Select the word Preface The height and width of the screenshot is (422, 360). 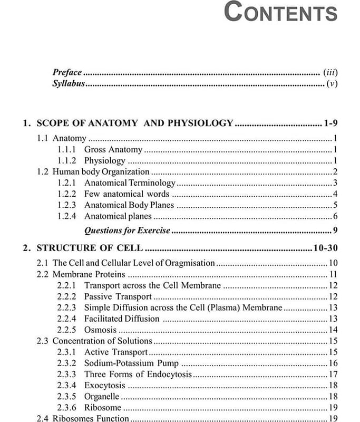[67, 73]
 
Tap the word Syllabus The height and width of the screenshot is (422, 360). [68, 84]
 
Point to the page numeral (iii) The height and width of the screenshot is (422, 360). [330, 73]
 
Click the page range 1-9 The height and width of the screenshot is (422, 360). [330, 123]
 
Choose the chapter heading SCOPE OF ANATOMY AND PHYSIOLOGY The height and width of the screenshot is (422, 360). [134, 123]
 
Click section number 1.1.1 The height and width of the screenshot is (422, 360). [66, 150]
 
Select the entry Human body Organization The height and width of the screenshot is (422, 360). [101, 172]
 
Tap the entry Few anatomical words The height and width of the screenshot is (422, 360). [127, 194]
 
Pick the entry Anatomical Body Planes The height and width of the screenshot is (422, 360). [129, 205]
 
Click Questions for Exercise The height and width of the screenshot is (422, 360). [127, 231]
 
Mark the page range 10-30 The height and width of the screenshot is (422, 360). [325, 248]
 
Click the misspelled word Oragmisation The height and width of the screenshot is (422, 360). [190, 263]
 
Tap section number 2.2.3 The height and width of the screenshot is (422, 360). [66, 308]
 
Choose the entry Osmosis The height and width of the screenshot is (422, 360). [100, 330]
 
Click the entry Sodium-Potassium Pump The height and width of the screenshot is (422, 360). [131, 363]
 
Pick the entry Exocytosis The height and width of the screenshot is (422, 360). [104, 386]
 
